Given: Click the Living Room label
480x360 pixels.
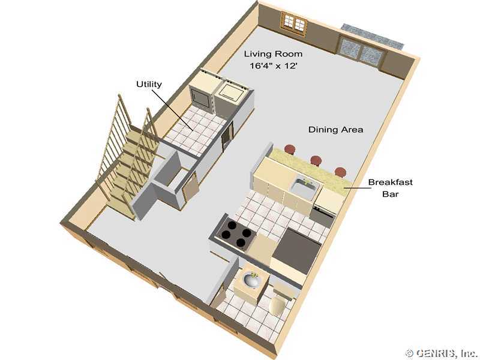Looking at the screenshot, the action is tap(273, 54).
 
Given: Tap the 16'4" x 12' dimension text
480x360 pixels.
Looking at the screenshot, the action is tap(274, 65).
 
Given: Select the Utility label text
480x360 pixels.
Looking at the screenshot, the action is tap(149, 84).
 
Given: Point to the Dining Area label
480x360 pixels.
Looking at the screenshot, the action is tap(335, 130).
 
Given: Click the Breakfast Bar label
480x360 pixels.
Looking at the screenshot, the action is tap(391, 188).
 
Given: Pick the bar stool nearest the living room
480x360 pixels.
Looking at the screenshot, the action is tap(290, 149).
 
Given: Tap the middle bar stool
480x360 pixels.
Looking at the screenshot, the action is tap(316, 160).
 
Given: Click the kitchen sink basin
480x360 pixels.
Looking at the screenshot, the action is tap(305, 187).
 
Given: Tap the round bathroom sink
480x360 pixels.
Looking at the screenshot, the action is tap(251, 280).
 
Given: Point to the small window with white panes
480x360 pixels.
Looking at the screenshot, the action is tap(294, 22).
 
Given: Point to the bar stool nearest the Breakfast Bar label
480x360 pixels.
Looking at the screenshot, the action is tap(340, 172).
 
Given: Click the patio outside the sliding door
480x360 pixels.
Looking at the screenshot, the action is tap(373, 36).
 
